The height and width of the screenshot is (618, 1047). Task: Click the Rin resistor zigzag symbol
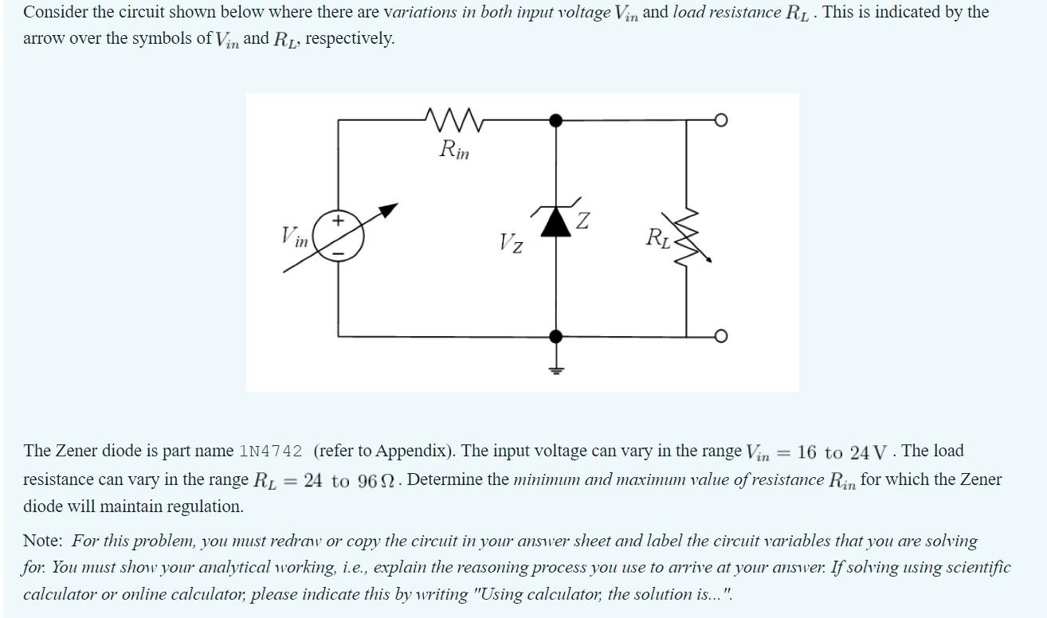454,120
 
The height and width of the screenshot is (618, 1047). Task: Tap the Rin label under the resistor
454,149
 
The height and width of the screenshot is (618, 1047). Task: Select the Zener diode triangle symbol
556,222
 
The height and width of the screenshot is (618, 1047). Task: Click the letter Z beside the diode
583,221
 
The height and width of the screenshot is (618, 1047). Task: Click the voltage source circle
338,234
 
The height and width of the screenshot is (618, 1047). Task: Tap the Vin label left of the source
294,237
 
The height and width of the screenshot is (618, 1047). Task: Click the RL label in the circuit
658,237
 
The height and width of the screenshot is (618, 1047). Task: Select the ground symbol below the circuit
556,367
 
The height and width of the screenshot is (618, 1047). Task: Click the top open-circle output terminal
720,120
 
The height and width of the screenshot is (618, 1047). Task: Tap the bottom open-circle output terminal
720,337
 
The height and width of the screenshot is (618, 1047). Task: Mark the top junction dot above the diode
556,120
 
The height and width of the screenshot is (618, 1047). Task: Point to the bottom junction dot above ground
556,337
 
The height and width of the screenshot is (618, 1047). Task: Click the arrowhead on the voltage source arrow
388,209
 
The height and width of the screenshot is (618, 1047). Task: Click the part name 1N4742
270,452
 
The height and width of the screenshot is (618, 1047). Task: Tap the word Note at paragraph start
42,541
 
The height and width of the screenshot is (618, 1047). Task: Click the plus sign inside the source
338,220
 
